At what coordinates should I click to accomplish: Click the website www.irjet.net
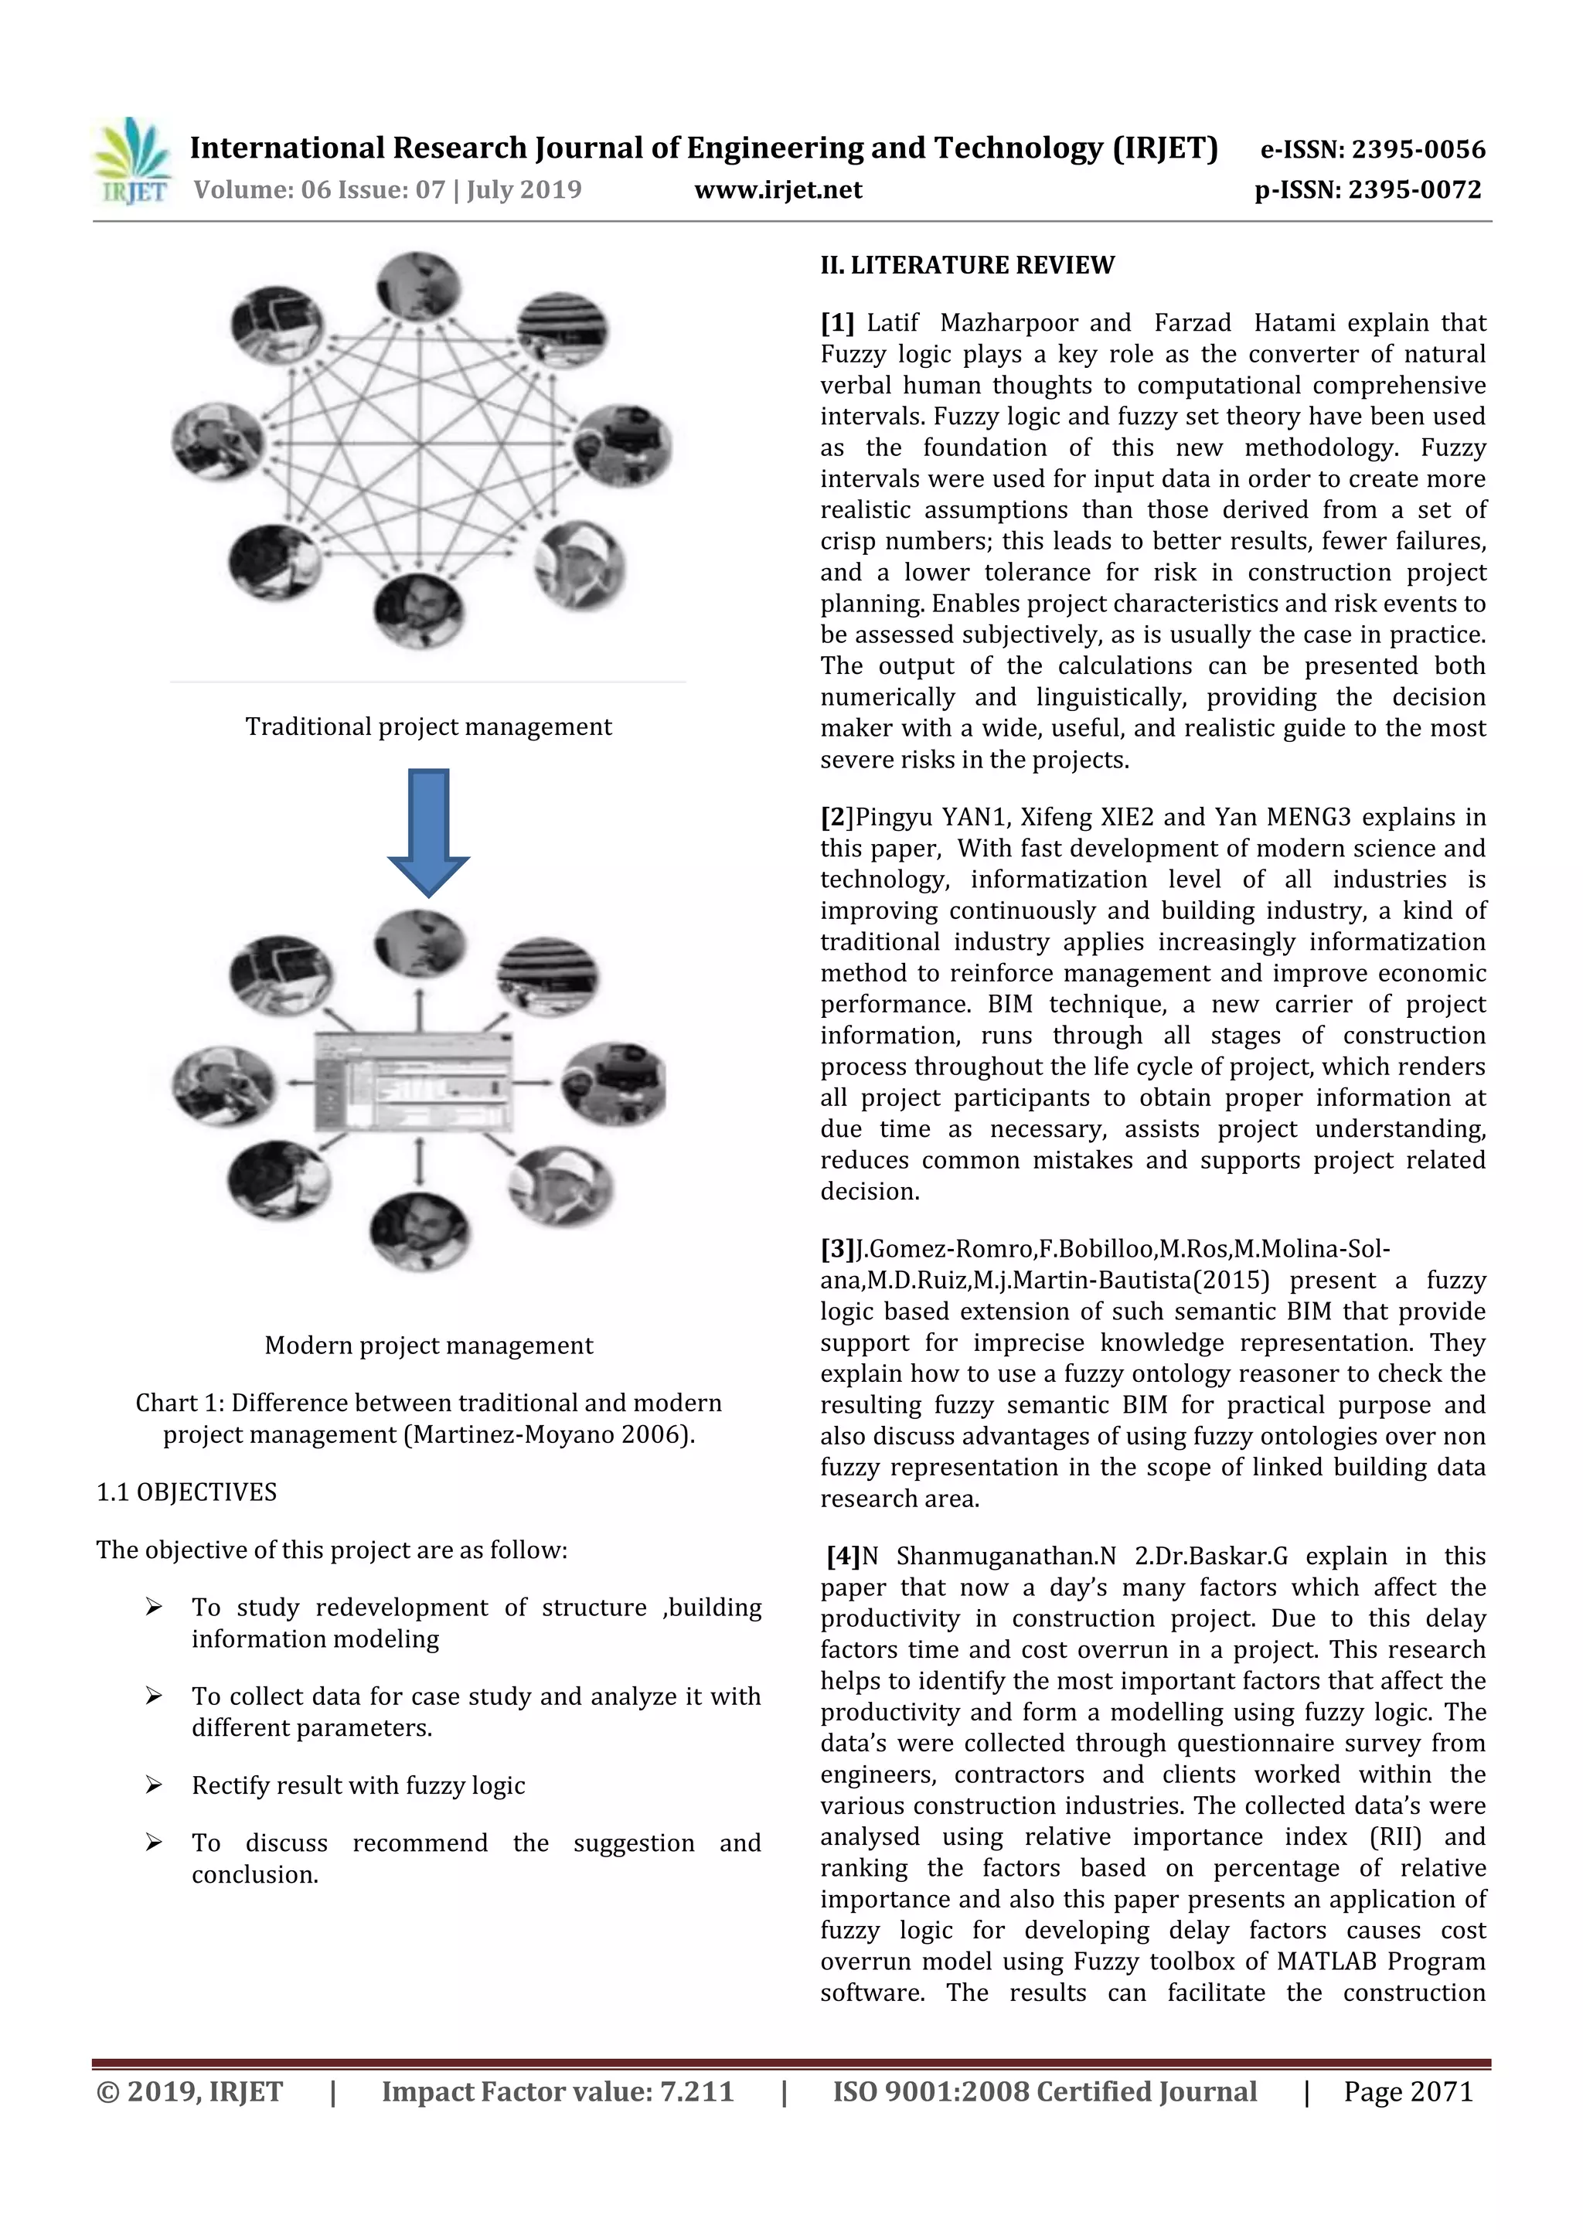click(778, 189)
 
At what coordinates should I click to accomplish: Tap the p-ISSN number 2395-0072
click(1414, 189)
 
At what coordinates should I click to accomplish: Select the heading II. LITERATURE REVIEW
click(967, 265)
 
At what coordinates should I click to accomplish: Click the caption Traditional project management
click(428, 726)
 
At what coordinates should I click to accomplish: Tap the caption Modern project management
click(428, 1346)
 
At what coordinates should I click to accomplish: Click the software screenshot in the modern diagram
click(414, 1080)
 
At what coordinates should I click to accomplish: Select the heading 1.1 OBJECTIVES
click(186, 1492)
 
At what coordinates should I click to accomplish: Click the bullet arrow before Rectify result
click(153, 1785)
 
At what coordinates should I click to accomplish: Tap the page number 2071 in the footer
click(1441, 2091)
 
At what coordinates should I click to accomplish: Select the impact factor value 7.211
click(696, 2091)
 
